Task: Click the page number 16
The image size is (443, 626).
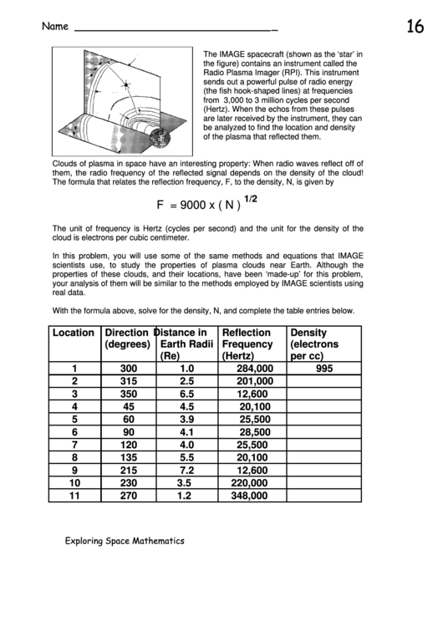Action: [415, 27]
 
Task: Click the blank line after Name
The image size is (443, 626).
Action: [176, 32]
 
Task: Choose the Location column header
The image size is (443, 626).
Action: [74, 333]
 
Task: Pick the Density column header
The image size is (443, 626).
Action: [308, 333]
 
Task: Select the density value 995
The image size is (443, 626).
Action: [324, 369]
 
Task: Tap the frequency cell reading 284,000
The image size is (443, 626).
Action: [255, 369]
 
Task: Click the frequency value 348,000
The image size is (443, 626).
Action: [249, 496]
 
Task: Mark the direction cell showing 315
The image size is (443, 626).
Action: [128, 381]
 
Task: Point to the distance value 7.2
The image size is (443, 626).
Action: [186, 470]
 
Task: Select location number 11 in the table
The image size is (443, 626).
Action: [74, 496]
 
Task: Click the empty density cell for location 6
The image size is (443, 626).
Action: [324, 432]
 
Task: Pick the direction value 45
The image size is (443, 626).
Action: [128, 406]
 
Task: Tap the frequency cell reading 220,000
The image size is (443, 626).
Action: [249, 483]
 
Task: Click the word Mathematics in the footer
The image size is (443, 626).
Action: [150, 541]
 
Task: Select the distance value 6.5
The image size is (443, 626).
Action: [186, 394]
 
